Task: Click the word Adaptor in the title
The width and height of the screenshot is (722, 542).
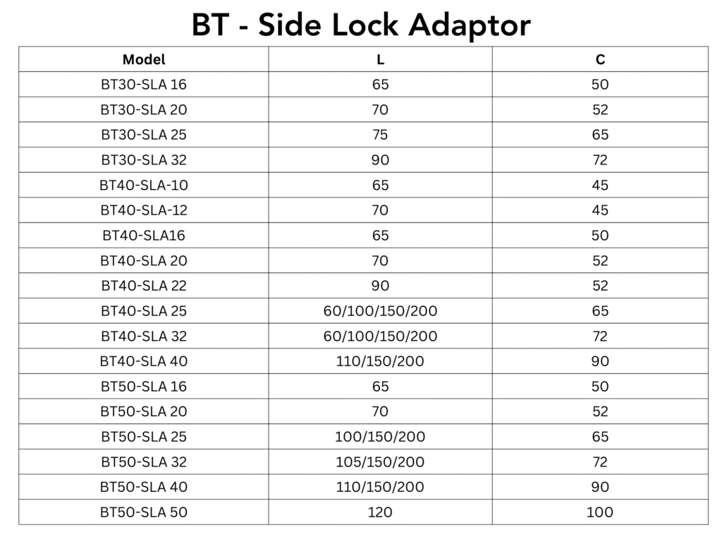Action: point(470,25)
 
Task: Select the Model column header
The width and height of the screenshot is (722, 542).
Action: point(144,59)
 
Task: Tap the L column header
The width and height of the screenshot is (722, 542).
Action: point(380,59)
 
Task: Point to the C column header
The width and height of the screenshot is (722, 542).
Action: point(600,59)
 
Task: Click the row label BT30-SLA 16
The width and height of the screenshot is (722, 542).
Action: point(144,85)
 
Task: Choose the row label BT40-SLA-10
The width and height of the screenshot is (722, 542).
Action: point(144,186)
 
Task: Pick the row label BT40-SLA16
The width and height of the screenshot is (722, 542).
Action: point(144,236)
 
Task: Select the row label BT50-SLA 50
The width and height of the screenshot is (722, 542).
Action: point(144,512)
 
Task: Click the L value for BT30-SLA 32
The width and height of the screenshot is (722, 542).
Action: point(380,160)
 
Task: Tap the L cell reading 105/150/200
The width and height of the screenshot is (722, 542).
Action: point(380,462)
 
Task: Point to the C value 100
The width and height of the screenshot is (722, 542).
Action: point(600,512)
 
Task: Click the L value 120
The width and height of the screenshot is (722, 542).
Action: point(380,512)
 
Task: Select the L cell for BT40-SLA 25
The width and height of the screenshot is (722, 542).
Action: point(380,311)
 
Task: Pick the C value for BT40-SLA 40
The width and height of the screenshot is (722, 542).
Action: point(600,361)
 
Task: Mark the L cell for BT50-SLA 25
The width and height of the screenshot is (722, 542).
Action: point(380,436)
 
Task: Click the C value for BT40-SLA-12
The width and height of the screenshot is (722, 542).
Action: point(600,210)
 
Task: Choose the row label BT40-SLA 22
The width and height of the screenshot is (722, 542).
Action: point(144,286)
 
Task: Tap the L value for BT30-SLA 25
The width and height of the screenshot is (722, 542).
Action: point(380,135)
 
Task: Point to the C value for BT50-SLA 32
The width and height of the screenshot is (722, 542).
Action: point(600,462)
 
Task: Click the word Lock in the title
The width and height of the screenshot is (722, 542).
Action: point(365,25)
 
